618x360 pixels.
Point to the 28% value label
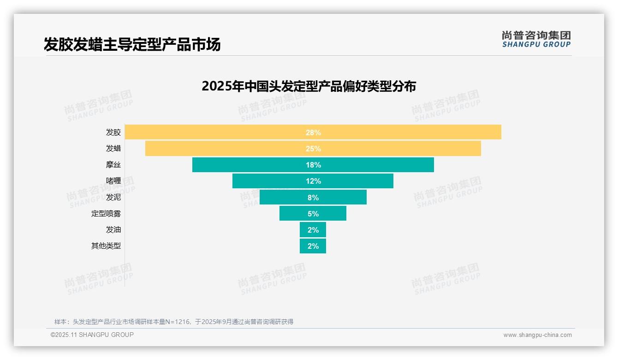click(x=313, y=132)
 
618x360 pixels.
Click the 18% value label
click(x=313, y=165)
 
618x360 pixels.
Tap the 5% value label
click(x=313, y=214)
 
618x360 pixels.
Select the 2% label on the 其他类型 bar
click(x=313, y=246)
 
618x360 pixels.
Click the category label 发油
click(x=113, y=230)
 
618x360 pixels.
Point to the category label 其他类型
click(x=106, y=246)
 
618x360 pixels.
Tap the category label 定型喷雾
click(x=106, y=214)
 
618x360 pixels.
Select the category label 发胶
click(x=113, y=132)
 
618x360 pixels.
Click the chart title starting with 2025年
click(x=309, y=86)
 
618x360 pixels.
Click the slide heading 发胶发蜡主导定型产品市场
click(x=132, y=44)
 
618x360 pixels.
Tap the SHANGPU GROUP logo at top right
click(x=536, y=39)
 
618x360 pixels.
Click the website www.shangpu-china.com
click(x=537, y=335)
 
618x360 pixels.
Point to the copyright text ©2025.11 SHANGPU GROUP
click(x=92, y=335)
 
